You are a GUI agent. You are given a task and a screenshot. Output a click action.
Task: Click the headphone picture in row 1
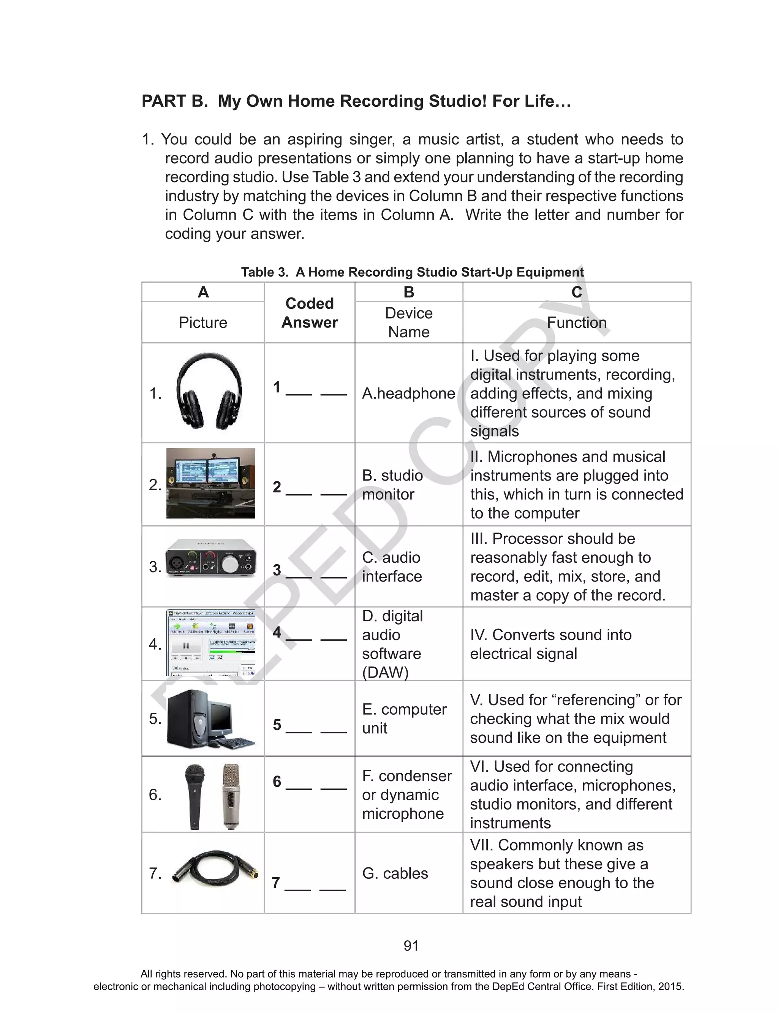click(x=209, y=391)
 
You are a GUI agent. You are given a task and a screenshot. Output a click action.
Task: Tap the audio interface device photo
click(x=211, y=558)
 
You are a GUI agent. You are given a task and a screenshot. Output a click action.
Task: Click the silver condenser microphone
click(x=231, y=796)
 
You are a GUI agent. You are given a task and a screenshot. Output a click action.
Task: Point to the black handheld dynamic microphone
click(x=194, y=796)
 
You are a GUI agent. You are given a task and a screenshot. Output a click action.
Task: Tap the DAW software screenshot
click(x=211, y=644)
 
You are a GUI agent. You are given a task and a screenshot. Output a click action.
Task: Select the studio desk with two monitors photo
click(x=211, y=483)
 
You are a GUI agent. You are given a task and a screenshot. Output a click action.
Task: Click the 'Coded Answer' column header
click(x=309, y=313)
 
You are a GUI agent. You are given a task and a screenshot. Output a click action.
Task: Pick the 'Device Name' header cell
click(x=408, y=322)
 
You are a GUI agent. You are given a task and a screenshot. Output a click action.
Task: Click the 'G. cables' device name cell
click(x=395, y=873)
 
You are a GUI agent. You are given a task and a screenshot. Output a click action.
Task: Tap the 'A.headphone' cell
click(x=408, y=393)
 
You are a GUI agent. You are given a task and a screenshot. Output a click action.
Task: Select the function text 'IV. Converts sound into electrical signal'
click(x=551, y=644)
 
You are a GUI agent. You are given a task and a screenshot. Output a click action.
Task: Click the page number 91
click(x=411, y=946)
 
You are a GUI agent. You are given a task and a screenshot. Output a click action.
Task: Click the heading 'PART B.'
click(x=175, y=101)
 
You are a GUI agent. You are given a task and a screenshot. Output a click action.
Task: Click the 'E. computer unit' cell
click(x=404, y=718)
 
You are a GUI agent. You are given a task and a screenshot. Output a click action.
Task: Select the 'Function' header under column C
click(x=577, y=322)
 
